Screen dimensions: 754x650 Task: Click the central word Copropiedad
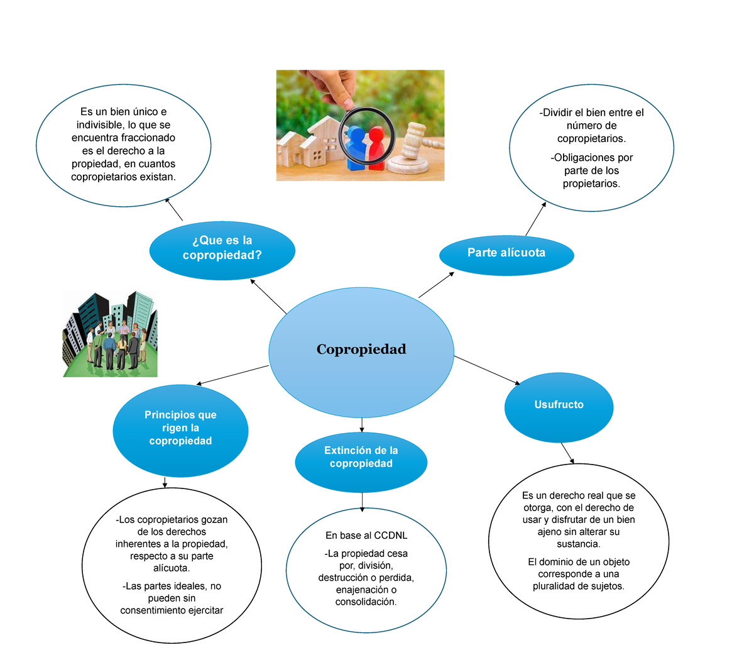(x=361, y=350)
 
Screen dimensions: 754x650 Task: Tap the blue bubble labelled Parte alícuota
(x=506, y=255)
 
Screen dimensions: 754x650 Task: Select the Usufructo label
(x=559, y=404)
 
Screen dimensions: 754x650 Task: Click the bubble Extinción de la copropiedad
(x=361, y=462)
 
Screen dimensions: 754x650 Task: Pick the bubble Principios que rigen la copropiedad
(x=180, y=431)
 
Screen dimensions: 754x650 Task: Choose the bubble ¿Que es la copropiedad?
(x=222, y=251)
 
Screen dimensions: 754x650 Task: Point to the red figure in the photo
(x=376, y=147)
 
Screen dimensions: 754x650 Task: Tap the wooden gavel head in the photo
(x=414, y=141)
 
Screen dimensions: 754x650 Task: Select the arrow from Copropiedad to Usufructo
(x=486, y=370)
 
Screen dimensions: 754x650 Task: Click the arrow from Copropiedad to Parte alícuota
(x=436, y=285)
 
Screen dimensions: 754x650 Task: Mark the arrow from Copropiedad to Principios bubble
(x=232, y=375)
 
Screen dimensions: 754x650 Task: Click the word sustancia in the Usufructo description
(x=578, y=544)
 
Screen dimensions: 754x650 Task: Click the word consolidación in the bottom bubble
(x=366, y=602)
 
